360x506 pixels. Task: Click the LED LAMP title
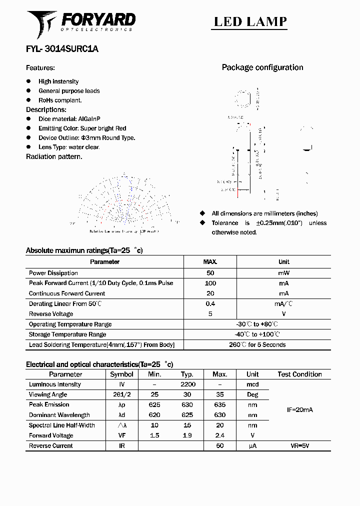[x=250, y=21]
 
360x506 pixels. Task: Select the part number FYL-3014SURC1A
[x=62, y=49]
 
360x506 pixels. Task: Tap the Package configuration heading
[x=262, y=67]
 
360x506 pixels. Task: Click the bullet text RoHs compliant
[x=60, y=100]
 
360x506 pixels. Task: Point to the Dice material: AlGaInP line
[x=69, y=119]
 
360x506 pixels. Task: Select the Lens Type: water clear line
[x=69, y=147]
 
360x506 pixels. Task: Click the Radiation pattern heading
[x=54, y=156]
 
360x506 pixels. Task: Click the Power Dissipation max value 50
[x=210, y=273]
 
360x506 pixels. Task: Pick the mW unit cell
[x=283, y=273]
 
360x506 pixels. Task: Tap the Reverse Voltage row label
[x=51, y=314]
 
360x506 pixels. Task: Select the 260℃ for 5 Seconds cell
[x=257, y=344]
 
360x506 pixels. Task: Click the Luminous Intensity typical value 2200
[x=187, y=384]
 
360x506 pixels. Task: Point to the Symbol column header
[x=121, y=374]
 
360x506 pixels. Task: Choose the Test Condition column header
[x=299, y=374]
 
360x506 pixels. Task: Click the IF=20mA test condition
[x=299, y=409]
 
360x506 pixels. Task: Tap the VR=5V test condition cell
[x=299, y=445]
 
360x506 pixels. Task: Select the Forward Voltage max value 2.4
[x=219, y=435]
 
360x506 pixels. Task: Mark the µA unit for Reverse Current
[x=252, y=445]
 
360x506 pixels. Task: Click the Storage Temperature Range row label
[x=67, y=334]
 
